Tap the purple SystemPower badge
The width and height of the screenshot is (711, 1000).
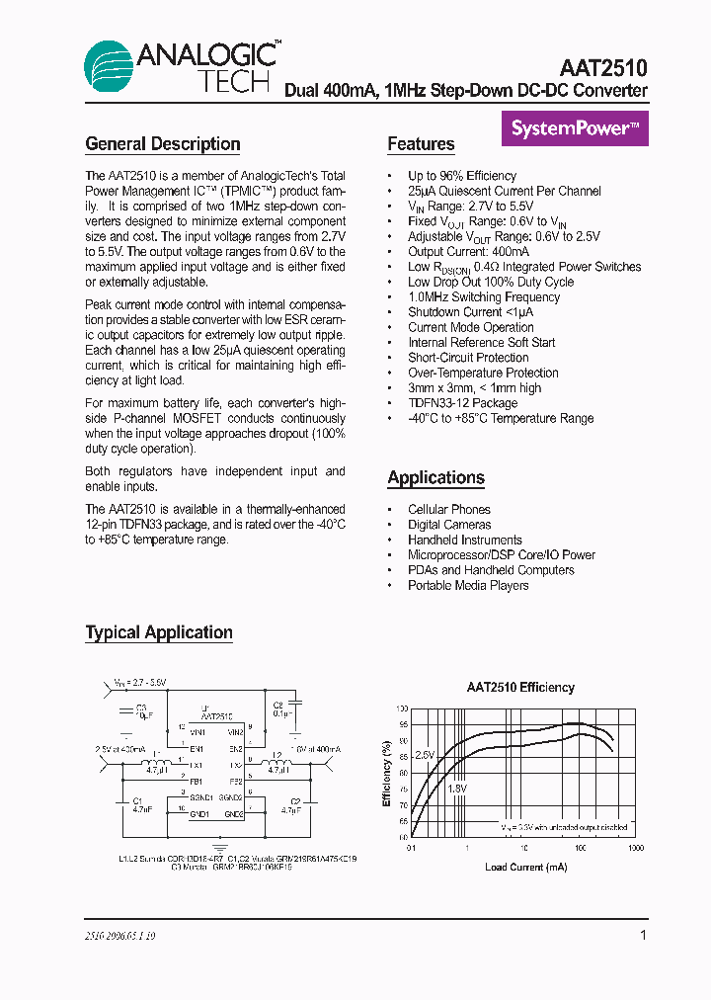point(575,128)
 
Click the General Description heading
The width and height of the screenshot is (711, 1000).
point(163,144)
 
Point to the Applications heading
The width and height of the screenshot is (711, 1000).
point(435,478)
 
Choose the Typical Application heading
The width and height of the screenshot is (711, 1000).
point(159,633)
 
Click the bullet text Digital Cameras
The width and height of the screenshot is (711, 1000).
point(449,525)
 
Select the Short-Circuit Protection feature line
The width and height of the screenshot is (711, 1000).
point(468,358)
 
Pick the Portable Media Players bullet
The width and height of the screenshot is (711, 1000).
point(468,585)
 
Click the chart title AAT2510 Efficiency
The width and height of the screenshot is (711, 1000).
point(520,688)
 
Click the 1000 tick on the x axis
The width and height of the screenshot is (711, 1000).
point(635,848)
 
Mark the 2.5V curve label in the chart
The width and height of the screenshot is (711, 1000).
point(424,755)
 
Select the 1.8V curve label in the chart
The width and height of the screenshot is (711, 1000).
point(456,789)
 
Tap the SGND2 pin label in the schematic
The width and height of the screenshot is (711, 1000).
point(231,797)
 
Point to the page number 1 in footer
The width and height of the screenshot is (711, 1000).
point(643,935)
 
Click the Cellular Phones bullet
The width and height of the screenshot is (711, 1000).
point(449,510)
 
